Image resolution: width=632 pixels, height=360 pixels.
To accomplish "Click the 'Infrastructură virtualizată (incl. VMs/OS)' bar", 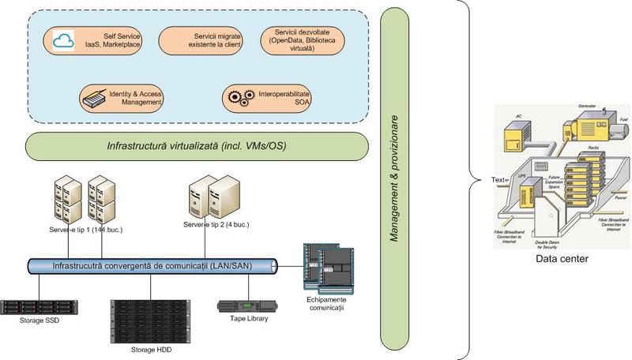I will [197, 145].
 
